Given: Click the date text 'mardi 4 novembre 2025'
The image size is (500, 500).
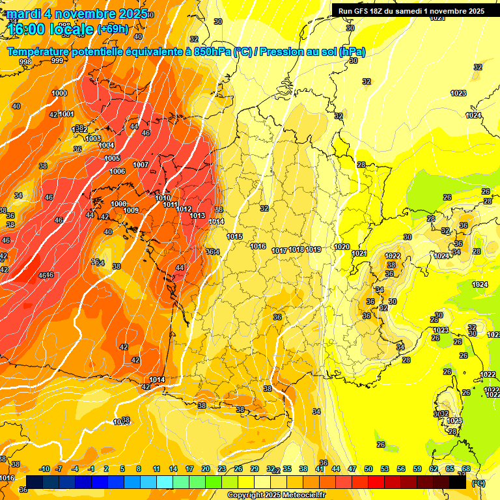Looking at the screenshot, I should point(72,14).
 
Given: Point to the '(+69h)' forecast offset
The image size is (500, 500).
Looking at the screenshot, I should point(113,29).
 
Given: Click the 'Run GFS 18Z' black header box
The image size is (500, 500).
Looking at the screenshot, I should point(411,10).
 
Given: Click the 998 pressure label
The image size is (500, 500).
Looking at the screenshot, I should point(25,62).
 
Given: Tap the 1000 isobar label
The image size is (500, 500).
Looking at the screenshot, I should point(59,93).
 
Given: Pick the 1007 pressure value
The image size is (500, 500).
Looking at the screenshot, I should point(141,165).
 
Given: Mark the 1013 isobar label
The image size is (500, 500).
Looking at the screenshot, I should point(198,215).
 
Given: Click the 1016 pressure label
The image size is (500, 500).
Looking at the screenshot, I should point(258,246).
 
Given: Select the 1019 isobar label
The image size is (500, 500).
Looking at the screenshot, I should point(313,249).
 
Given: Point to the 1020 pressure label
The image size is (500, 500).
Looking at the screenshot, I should point(341,246).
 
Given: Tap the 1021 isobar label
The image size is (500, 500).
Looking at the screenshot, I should point(359,253).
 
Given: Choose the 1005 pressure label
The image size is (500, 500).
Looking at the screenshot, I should point(112,158).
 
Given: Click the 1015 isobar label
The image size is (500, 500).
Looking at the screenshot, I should point(235,236).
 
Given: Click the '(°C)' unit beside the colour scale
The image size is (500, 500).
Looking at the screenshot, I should point(478,484).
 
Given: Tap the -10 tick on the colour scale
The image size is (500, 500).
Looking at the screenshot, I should point(45,469).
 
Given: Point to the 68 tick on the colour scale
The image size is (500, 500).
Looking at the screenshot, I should point(466,469).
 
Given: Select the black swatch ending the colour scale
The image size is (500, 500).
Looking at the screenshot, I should point(458,482).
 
